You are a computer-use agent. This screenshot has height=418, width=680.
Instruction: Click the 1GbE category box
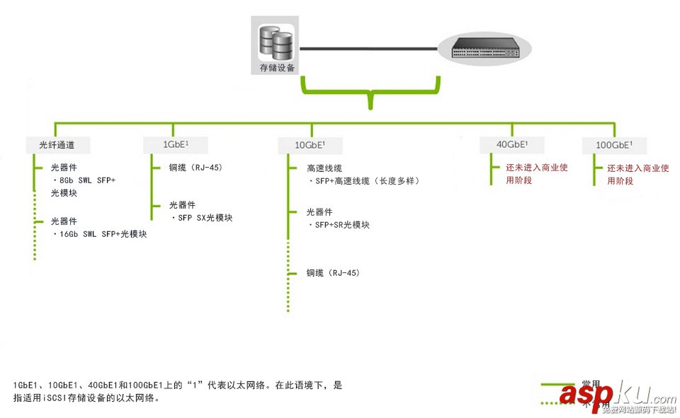point(176,144)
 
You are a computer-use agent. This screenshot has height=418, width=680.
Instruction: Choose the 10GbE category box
point(310,146)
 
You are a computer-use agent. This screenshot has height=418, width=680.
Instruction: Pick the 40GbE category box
point(511,144)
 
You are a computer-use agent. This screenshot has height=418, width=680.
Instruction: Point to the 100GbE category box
point(614,145)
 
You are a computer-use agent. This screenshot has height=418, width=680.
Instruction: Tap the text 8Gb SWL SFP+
point(87,180)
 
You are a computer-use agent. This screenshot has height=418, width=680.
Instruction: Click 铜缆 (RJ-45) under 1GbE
point(195,168)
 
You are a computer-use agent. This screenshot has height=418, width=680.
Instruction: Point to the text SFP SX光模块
point(204,218)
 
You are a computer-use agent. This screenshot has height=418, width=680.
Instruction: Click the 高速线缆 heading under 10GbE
point(324,168)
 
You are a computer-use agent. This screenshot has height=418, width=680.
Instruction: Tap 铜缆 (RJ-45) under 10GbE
point(333,272)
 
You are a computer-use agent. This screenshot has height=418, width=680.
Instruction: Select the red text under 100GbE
point(637,175)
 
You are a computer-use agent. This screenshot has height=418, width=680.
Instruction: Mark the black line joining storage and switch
point(368,49)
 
